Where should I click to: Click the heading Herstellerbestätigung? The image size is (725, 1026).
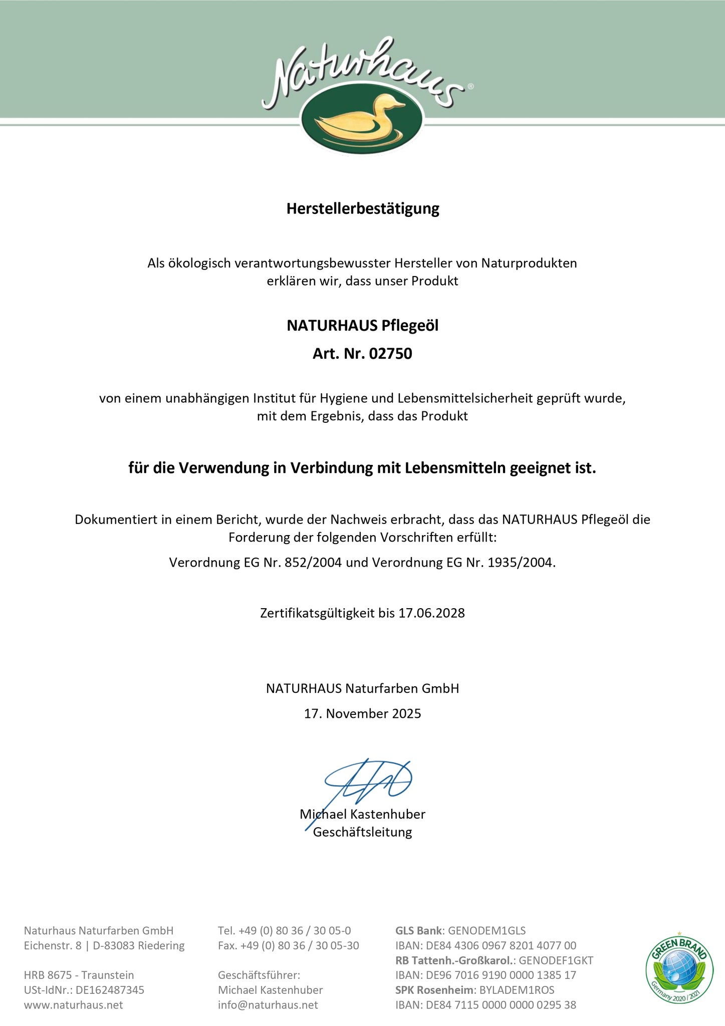(362, 208)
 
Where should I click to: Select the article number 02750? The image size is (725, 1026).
(390, 354)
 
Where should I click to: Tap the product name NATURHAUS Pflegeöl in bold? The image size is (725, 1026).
(362, 326)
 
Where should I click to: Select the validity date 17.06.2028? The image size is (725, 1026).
(431, 613)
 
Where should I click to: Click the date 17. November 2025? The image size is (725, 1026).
(362, 713)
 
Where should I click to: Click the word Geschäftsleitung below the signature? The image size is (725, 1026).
(362, 832)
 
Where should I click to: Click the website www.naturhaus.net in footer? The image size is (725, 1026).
(73, 1005)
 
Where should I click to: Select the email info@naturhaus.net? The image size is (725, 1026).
(268, 1005)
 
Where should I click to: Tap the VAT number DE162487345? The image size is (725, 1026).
(110, 990)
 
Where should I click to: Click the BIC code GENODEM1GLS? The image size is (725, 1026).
(487, 931)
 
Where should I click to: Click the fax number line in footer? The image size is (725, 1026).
(288, 946)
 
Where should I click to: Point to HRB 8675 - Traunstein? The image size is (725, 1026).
(79, 975)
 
